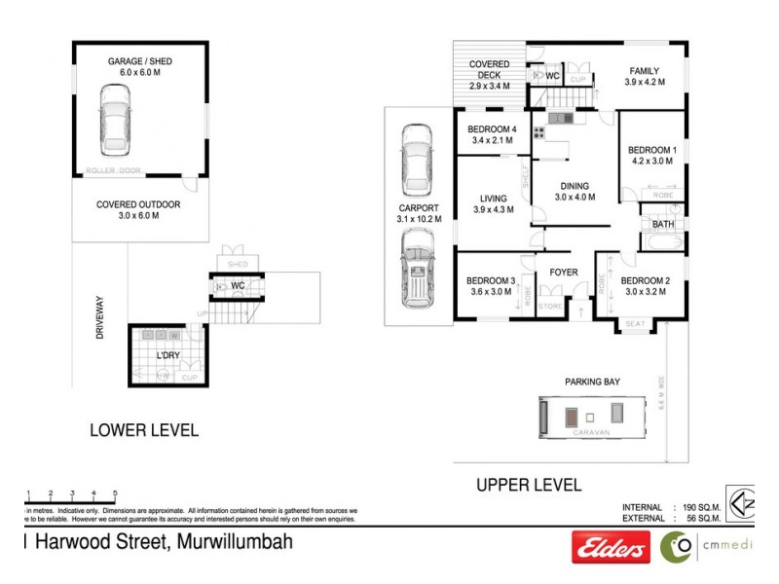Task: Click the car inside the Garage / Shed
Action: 115,121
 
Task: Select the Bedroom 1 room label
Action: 651,155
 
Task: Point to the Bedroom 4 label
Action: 492,135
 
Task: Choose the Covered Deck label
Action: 490,75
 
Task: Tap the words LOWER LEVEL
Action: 144,429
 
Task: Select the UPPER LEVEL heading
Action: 529,484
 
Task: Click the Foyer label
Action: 564,273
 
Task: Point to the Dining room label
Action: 575,191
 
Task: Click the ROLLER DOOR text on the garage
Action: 113,170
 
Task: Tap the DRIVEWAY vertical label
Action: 99,317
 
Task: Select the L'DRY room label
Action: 169,354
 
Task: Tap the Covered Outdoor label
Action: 137,210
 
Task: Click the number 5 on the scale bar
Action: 115,493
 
